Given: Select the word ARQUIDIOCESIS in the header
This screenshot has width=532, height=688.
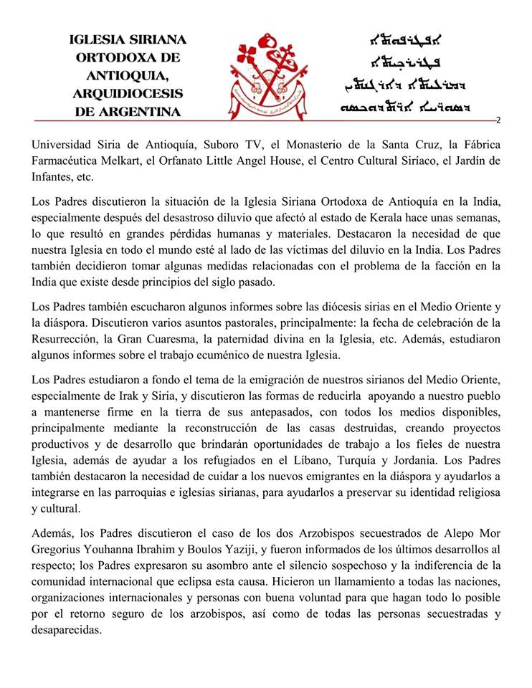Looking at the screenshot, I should tap(128, 95).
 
